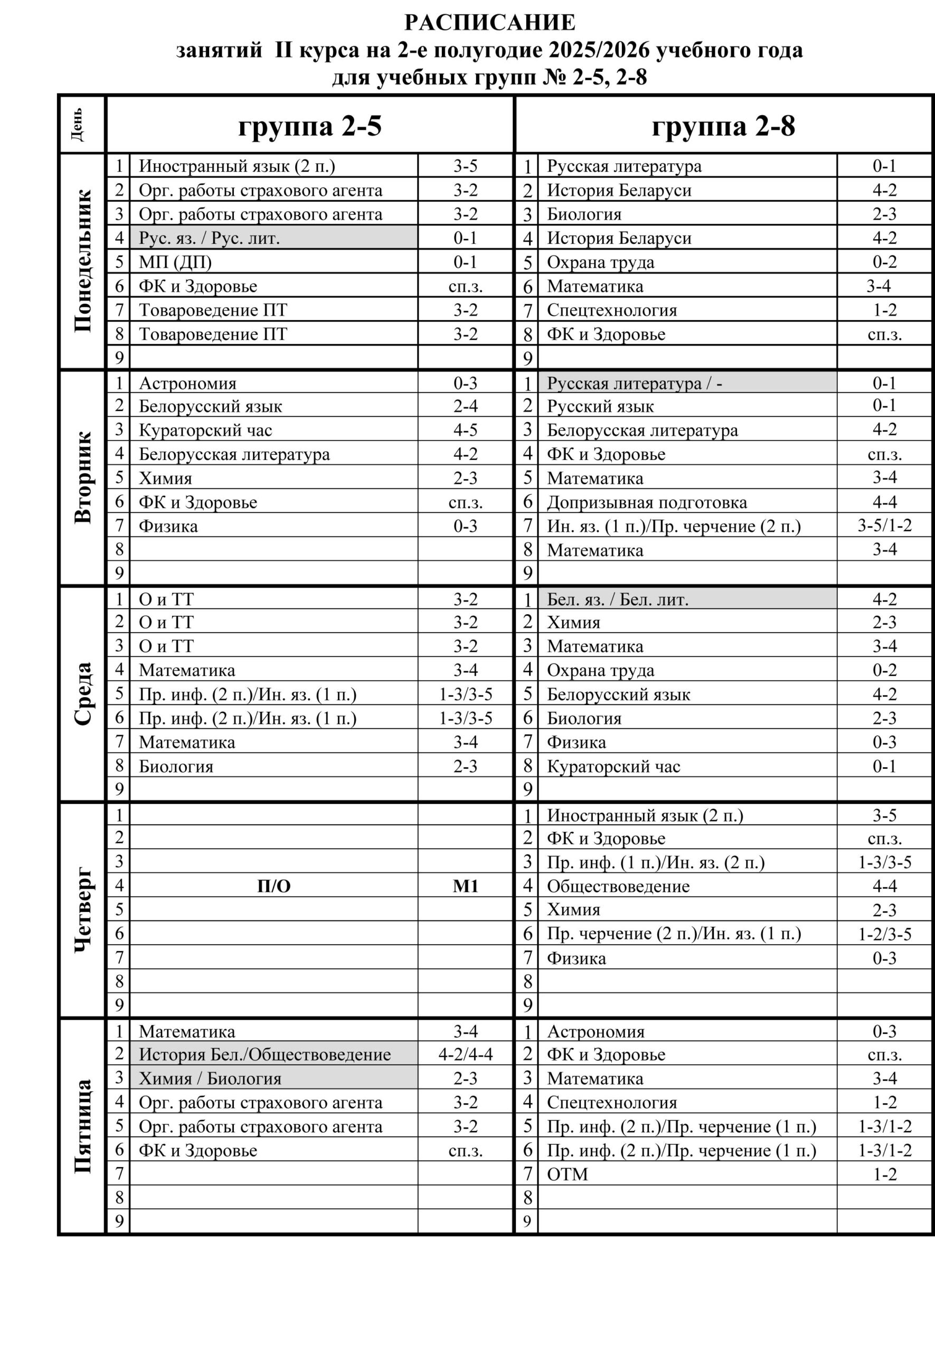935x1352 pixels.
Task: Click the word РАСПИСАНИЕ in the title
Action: coord(490,23)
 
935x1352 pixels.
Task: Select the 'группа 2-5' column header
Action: coord(309,125)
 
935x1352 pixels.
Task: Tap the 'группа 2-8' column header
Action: coord(723,125)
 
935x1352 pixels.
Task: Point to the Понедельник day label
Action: coord(82,261)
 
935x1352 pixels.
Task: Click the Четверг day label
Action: coord(82,909)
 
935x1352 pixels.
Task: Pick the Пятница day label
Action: coord(82,1126)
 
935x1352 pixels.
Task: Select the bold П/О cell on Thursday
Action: coord(273,886)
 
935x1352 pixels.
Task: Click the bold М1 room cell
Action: coord(465,886)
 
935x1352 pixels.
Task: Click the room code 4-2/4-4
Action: coord(465,1054)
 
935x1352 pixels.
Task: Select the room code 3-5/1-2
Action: coord(884,525)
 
